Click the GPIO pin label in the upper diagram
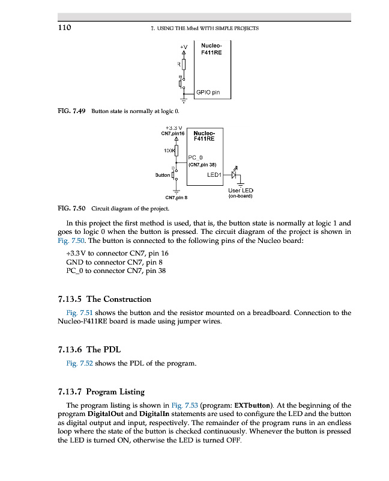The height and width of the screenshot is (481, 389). click(x=208, y=93)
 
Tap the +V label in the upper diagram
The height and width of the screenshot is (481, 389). click(x=184, y=46)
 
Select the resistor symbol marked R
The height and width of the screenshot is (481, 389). click(x=184, y=64)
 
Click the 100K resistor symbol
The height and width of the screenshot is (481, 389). click(x=176, y=149)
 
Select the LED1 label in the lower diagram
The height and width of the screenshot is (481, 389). click(x=214, y=175)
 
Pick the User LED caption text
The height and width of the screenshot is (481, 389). click(x=241, y=191)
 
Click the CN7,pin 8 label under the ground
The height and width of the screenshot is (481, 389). click(x=176, y=197)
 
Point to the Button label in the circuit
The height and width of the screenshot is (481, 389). click(x=162, y=175)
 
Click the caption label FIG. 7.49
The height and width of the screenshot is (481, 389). click(x=71, y=111)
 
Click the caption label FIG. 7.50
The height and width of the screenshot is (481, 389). click(x=71, y=209)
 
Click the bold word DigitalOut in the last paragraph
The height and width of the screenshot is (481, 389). click(x=106, y=414)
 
